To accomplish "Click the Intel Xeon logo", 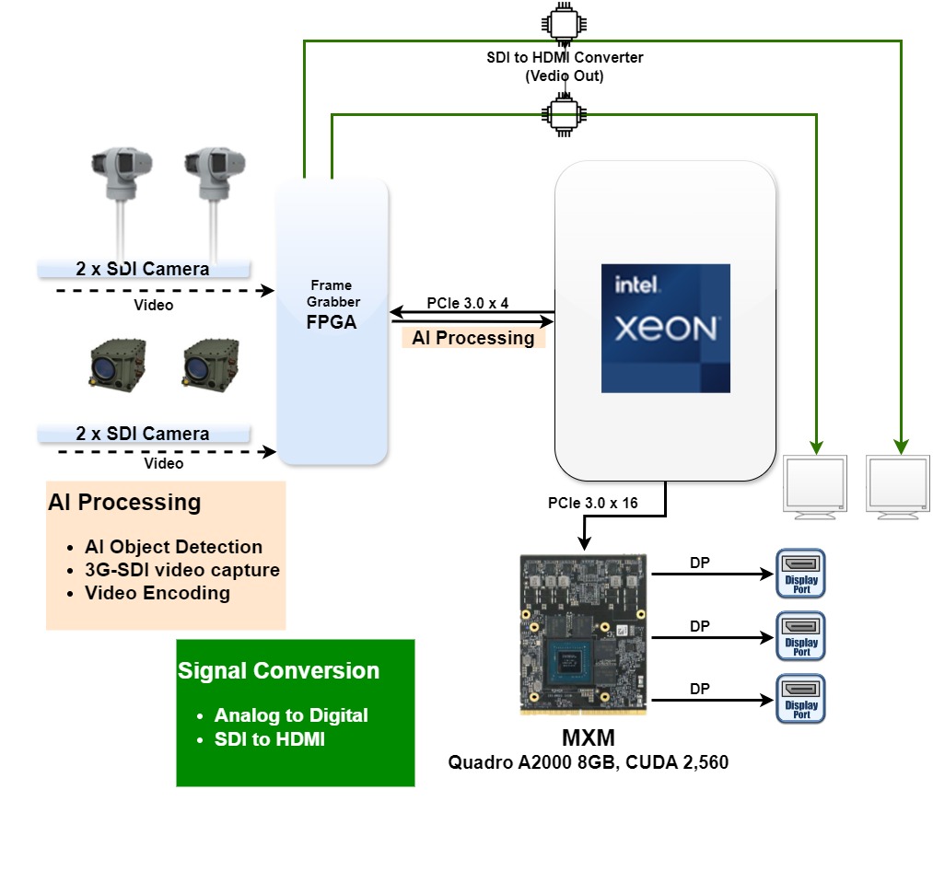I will point(665,328).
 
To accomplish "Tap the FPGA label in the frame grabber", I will point(331,323).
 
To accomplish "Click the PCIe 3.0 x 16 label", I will point(592,504).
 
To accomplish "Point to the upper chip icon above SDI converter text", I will point(561,22).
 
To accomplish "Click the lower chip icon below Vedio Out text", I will point(561,115).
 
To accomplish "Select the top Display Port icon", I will point(801,574).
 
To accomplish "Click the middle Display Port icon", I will point(801,636).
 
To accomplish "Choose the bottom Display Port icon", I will point(801,699).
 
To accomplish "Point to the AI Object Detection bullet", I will point(173,547).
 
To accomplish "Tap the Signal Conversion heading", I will point(278,671).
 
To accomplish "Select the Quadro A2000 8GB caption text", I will point(588,762).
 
